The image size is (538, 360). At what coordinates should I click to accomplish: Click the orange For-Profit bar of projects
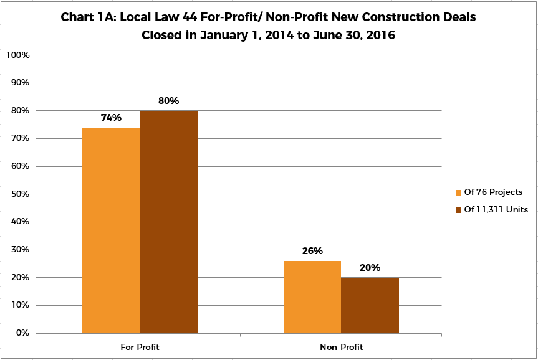111,230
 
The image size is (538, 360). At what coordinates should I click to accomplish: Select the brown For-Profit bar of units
168,222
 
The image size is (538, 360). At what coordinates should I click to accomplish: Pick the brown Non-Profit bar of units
370,305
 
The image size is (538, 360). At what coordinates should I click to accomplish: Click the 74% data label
111,117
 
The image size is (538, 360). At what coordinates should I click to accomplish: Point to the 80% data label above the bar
168,100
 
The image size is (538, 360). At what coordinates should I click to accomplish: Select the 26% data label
312,251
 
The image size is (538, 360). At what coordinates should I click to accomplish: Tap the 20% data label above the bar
370,268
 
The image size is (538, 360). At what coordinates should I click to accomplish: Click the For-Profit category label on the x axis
140,347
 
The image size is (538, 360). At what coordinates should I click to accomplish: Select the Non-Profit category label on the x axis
341,347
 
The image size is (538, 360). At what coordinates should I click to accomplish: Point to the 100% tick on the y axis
18,55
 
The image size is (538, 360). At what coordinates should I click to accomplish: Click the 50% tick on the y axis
20,194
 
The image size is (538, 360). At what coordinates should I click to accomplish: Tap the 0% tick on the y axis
22,333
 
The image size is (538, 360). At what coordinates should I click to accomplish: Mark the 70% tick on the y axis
20,138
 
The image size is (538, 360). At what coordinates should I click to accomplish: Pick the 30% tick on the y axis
20,250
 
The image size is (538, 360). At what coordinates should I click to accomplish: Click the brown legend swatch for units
459,209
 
